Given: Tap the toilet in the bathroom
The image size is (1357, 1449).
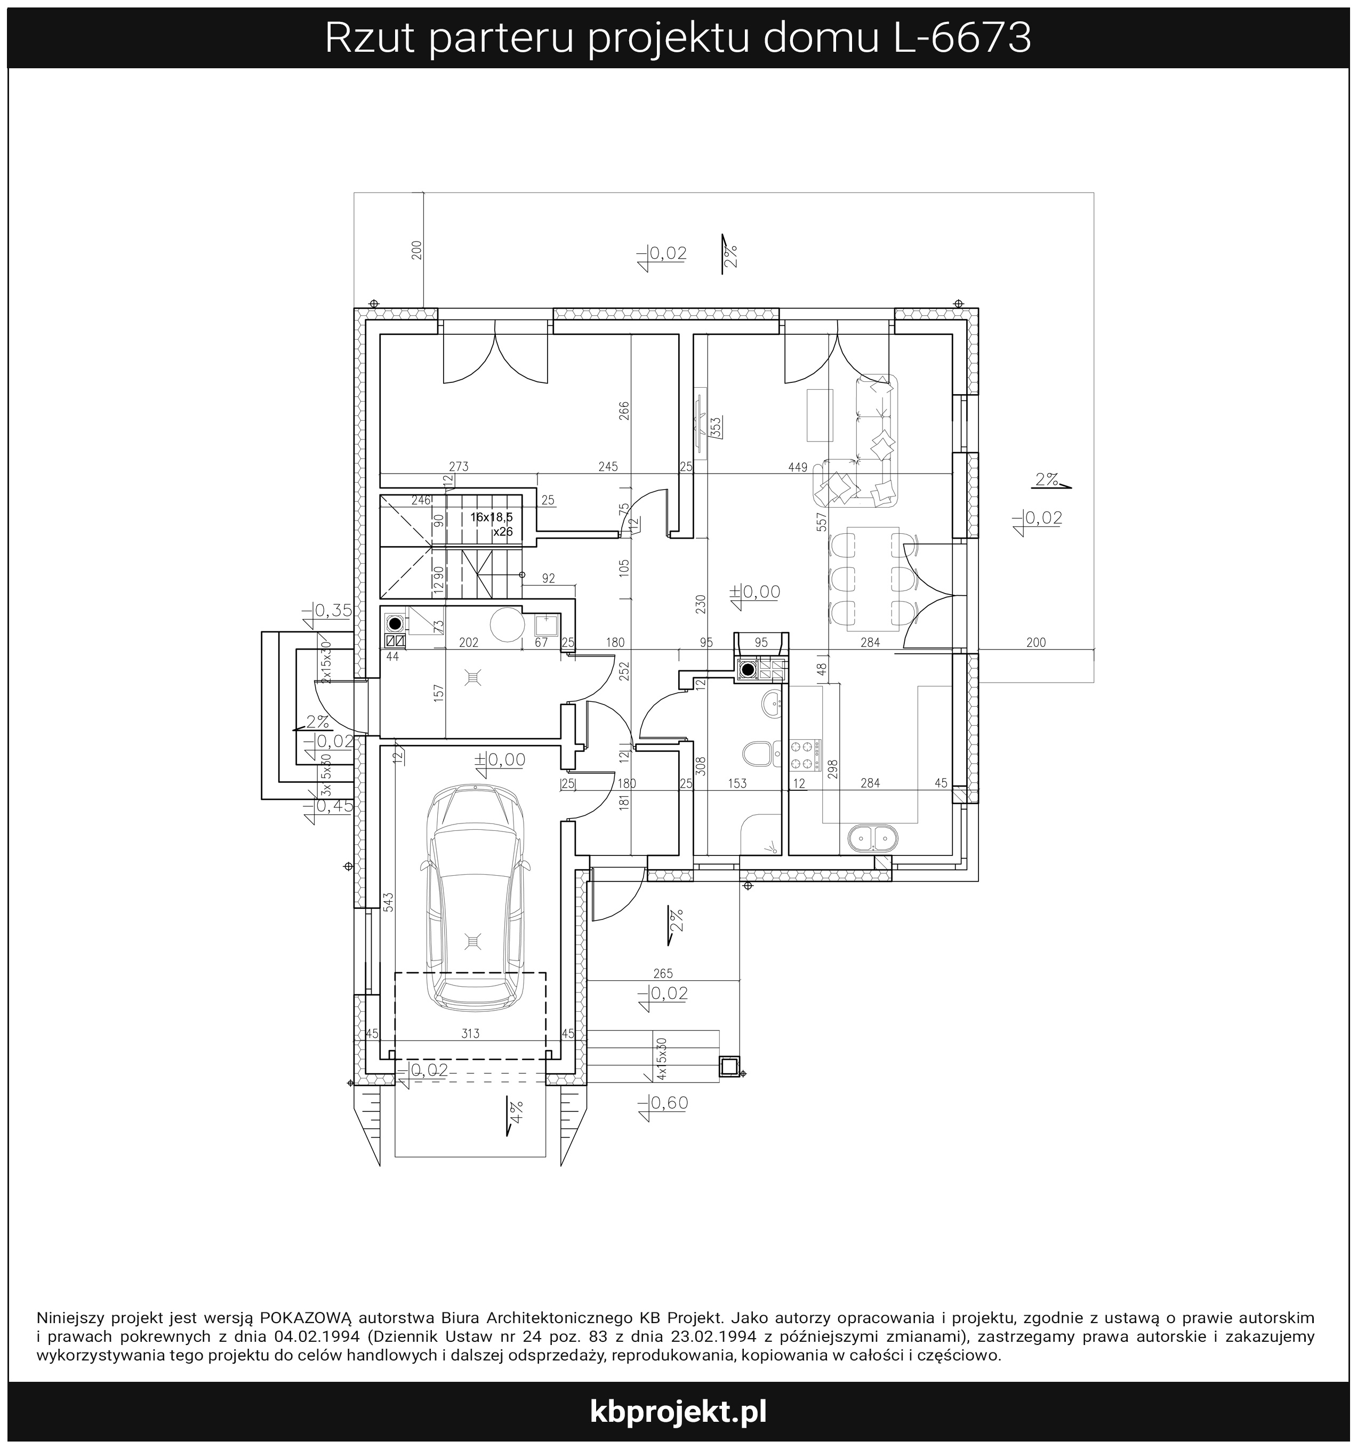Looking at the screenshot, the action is [761, 754].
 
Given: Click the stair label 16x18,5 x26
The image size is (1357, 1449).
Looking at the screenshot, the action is [492, 524].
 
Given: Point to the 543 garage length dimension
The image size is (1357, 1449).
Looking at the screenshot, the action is [389, 902].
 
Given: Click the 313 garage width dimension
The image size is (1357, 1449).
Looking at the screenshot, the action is [470, 1033].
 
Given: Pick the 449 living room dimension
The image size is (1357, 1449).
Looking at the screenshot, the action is [798, 467].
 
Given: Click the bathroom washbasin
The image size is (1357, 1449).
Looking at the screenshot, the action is [772, 704].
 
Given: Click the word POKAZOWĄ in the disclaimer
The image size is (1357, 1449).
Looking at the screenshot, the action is [306, 1318].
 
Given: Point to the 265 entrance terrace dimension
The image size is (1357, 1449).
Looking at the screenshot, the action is [663, 973].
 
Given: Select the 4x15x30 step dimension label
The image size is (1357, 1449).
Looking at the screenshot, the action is [662, 1059].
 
